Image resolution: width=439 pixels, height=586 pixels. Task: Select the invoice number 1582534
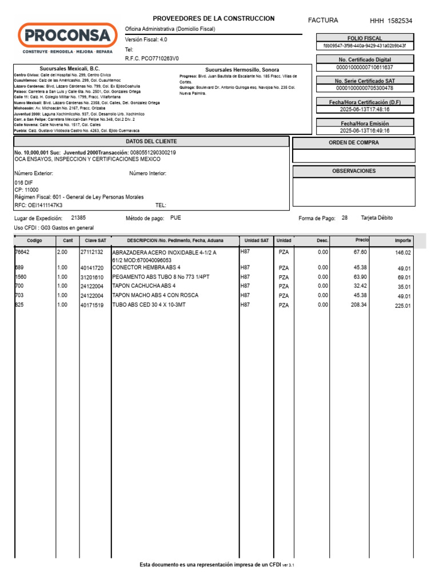pos(400,21)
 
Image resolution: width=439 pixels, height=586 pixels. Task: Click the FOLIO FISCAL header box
pos(365,38)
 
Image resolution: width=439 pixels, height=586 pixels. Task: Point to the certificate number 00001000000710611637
pos(365,67)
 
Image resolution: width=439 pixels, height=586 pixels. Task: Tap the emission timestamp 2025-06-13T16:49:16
pos(365,130)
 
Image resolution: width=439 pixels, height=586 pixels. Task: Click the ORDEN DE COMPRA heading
pos(353,142)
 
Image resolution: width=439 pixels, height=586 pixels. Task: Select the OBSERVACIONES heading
pos(353,171)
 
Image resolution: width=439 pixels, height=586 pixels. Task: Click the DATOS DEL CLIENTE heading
pos(151,141)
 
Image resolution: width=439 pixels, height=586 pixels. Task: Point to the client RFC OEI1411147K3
pos(38,205)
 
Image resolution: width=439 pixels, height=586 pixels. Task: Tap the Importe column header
pos(402,240)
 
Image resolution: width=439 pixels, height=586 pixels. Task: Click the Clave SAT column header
pos(95,240)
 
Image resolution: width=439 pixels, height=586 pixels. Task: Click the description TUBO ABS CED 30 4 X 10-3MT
pos(149,305)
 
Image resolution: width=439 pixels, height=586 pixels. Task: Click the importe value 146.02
pos(403,252)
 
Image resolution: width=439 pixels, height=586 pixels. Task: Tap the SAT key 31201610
pos(91,276)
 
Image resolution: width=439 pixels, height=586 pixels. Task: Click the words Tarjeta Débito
pos(377,218)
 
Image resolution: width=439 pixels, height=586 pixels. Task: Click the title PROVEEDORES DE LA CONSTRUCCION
pos(213,19)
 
